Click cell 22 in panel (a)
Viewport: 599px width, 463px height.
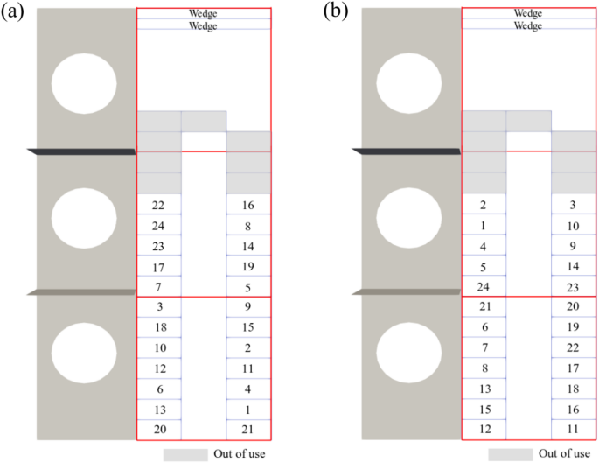[x=158, y=205]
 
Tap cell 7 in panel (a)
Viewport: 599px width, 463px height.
[x=158, y=287]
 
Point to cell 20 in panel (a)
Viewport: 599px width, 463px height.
[x=158, y=430]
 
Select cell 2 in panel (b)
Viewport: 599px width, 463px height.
[x=484, y=205]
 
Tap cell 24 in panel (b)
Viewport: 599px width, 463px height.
[x=484, y=287]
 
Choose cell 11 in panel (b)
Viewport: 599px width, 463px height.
[x=573, y=430]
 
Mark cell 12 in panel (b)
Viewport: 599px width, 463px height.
[x=484, y=430]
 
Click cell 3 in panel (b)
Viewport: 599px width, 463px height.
[x=573, y=205]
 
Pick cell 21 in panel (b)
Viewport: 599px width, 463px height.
[x=484, y=306]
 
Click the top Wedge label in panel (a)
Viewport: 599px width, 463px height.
[x=204, y=14]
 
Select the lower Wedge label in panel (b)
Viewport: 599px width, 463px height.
[x=528, y=25]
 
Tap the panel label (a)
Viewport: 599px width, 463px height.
[x=16, y=12]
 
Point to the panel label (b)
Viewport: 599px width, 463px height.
[x=337, y=12]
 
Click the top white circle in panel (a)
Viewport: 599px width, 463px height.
[x=83, y=83]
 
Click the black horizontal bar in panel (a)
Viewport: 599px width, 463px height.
[x=82, y=152]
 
